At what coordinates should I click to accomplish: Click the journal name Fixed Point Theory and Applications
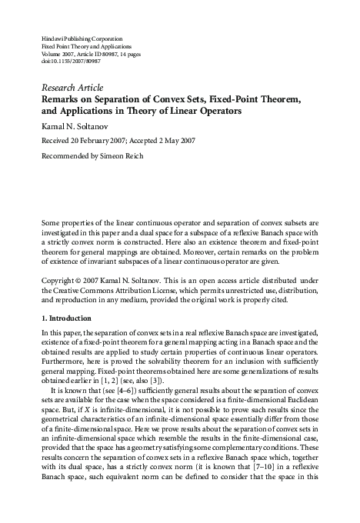[84, 45]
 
